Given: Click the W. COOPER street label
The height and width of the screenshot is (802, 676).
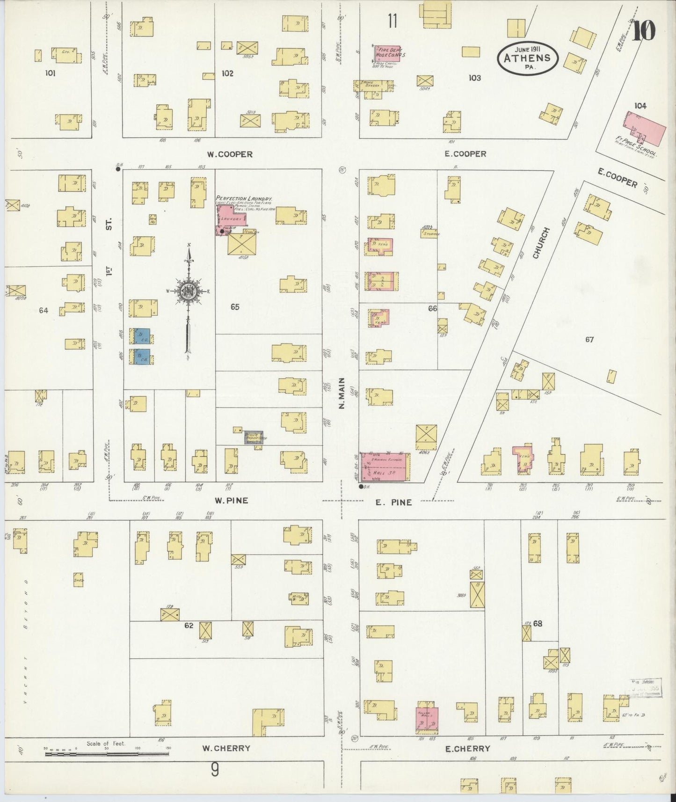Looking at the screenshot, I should [230, 154].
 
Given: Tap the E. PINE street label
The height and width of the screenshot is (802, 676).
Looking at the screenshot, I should [394, 503].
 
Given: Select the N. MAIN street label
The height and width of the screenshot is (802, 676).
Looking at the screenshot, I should [342, 393].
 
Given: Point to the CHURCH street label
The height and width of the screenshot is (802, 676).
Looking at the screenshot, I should [542, 243].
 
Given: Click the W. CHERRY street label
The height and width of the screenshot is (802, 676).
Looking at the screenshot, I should [226, 748].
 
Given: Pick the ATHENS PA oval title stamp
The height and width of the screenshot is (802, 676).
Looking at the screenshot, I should [527, 58].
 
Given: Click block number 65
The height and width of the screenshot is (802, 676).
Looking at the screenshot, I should [235, 307].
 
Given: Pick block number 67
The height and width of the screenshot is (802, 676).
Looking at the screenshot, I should [589, 339].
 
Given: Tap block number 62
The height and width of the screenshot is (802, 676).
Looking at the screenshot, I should [189, 625].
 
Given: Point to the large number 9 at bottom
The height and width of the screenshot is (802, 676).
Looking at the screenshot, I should [214, 770].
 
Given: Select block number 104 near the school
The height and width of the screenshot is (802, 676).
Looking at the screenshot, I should [640, 106].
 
